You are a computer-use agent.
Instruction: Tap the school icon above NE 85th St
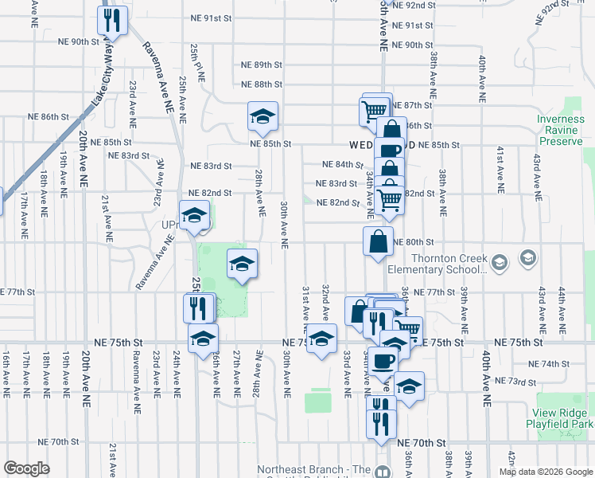coord(262,116)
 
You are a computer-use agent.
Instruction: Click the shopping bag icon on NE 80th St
coord(378,241)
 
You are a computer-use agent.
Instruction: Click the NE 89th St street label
coord(262,65)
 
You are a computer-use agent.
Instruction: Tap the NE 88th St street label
coord(262,84)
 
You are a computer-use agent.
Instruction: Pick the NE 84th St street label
coord(343,164)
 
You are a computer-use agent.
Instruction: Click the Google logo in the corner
coord(26,468)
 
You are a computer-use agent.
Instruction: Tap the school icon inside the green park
coord(242,264)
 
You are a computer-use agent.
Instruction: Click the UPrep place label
coord(169,225)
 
